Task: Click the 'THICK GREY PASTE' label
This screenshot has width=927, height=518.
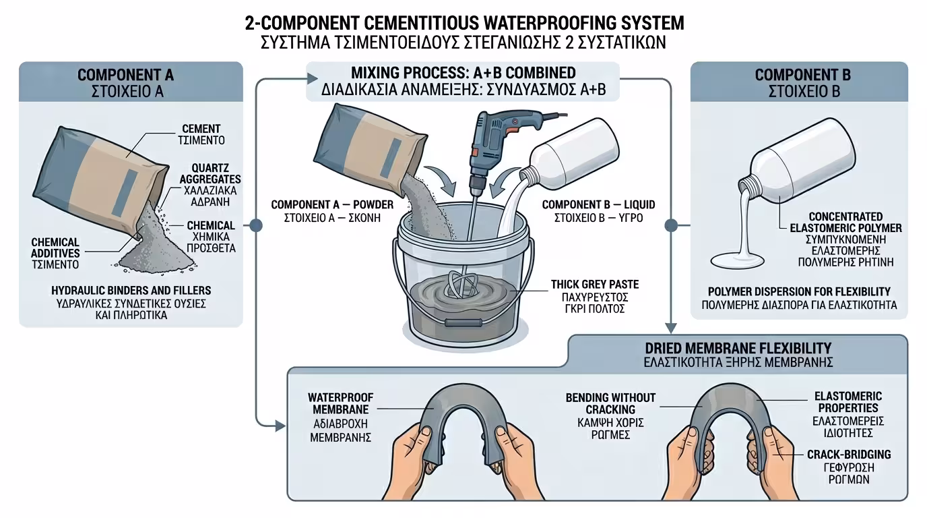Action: click(595, 285)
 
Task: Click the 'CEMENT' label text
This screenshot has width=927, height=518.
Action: click(201, 129)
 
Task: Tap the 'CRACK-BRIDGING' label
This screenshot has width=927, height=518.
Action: click(849, 455)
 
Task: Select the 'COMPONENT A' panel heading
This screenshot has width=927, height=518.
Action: click(131, 75)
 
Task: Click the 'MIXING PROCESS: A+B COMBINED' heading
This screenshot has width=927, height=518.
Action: click(463, 73)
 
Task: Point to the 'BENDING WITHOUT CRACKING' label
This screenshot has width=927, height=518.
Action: click(610, 403)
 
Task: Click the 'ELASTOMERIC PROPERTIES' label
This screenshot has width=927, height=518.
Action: click(848, 402)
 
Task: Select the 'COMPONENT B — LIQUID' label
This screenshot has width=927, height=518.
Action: click(598, 204)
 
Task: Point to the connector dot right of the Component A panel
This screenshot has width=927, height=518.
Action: click(255, 225)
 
